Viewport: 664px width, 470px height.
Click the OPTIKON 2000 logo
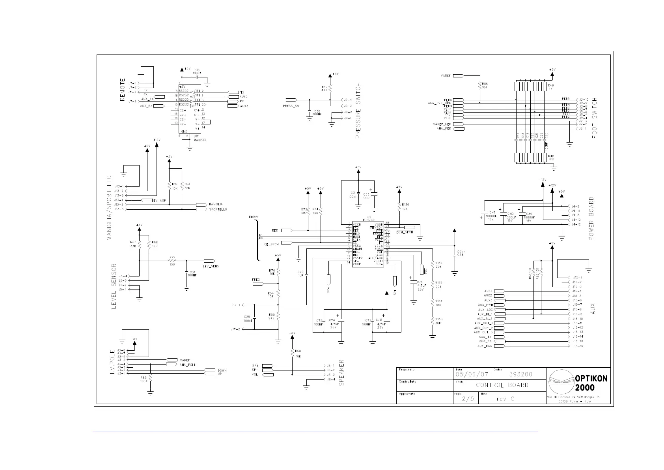(x=577, y=382)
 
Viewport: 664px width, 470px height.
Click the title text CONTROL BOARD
(x=502, y=385)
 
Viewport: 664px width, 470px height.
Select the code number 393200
(x=520, y=374)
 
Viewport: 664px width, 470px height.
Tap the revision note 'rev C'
(x=505, y=399)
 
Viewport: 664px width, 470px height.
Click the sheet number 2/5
(x=468, y=399)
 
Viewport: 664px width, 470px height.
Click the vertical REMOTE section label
(x=123, y=89)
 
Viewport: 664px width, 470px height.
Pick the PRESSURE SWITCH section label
(x=358, y=110)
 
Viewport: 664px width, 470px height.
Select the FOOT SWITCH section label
(x=595, y=118)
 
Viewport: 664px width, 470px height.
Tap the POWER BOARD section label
(x=591, y=218)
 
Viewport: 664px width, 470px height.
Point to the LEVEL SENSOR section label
(x=114, y=286)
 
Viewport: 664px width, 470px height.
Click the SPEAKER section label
(x=342, y=372)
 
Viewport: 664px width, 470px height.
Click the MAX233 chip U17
(x=190, y=109)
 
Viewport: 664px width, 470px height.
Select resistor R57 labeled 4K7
(x=330, y=88)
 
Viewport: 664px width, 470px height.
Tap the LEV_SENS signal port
(x=209, y=261)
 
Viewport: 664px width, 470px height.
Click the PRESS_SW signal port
(x=291, y=100)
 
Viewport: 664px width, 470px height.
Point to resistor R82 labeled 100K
(x=150, y=379)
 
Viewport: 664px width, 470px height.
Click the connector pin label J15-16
(x=577, y=346)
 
